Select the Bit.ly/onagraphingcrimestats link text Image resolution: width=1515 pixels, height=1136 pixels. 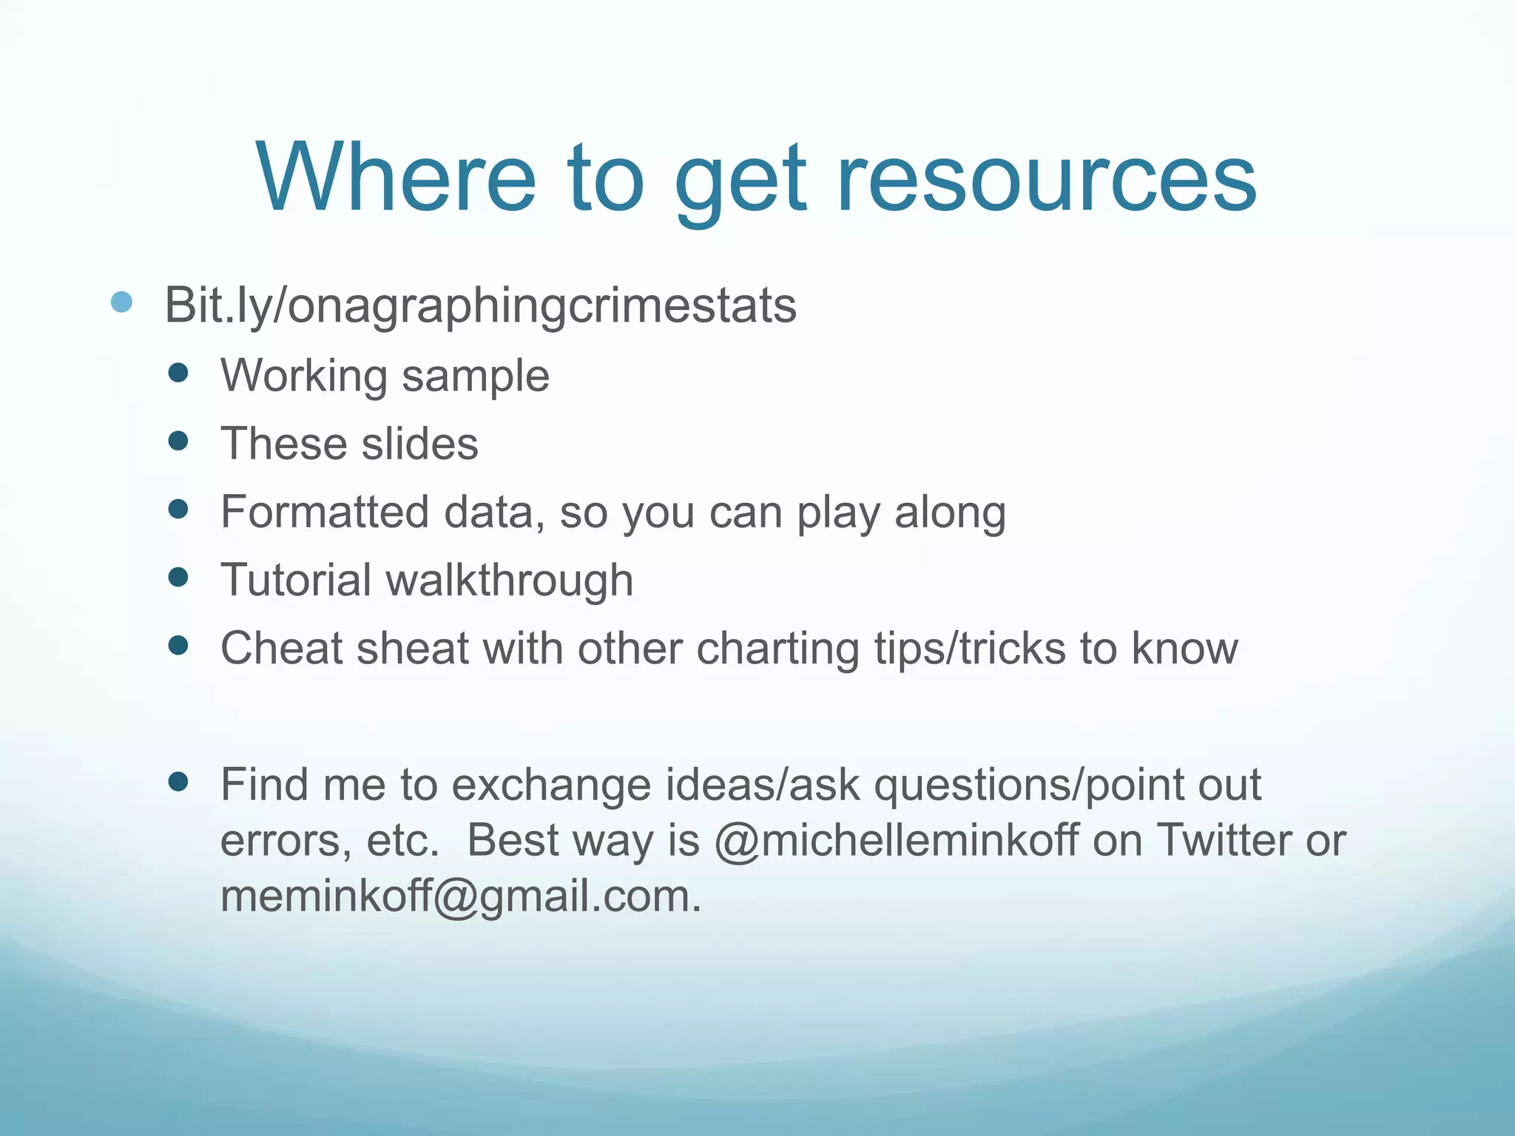[480, 305]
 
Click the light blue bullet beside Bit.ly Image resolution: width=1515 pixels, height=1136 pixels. [121, 302]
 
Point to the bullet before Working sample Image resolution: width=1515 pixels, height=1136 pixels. [178, 372]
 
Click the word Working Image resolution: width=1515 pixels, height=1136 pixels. [304, 376]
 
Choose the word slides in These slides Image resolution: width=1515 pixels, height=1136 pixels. [419, 444]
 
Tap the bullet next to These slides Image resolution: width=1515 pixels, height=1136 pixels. [178, 441]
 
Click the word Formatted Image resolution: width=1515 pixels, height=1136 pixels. [325, 512]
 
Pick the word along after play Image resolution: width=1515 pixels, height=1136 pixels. [950, 512]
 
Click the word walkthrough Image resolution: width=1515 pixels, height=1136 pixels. [510, 580]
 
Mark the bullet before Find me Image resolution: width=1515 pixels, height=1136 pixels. [178, 782]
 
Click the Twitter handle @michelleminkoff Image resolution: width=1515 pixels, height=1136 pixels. [896, 841]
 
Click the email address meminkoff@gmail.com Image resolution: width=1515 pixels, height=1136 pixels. [459, 897]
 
